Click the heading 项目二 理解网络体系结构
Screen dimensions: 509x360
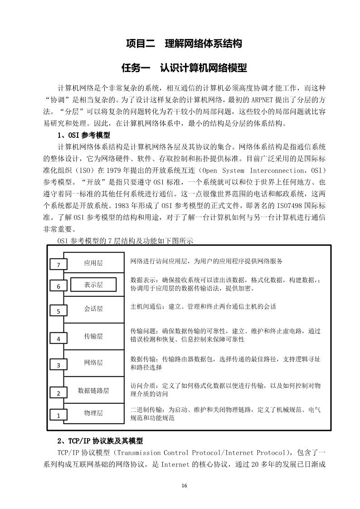(x=184, y=44)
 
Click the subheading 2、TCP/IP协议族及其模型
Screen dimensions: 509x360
(x=100, y=441)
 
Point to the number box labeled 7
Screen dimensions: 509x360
(x=58, y=265)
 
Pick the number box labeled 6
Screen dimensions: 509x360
(x=58, y=286)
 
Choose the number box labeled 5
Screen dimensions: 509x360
(x=58, y=311)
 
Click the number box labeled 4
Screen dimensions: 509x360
(x=58, y=339)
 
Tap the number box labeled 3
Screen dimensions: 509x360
(x=58, y=365)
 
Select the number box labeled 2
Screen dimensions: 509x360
(x=58, y=393)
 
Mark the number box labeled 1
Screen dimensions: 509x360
(x=58, y=415)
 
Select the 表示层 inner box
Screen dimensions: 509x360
(x=93, y=285)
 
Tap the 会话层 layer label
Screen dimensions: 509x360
(x=93, y=309)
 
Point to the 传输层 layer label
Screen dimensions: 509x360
(x=93, y=336)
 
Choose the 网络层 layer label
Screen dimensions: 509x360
(x=93, y=363)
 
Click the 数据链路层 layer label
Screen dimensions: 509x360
(x=93, y=390)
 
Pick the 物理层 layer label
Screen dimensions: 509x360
(x=93, y=413)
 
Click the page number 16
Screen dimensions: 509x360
(x=184, y=486)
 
